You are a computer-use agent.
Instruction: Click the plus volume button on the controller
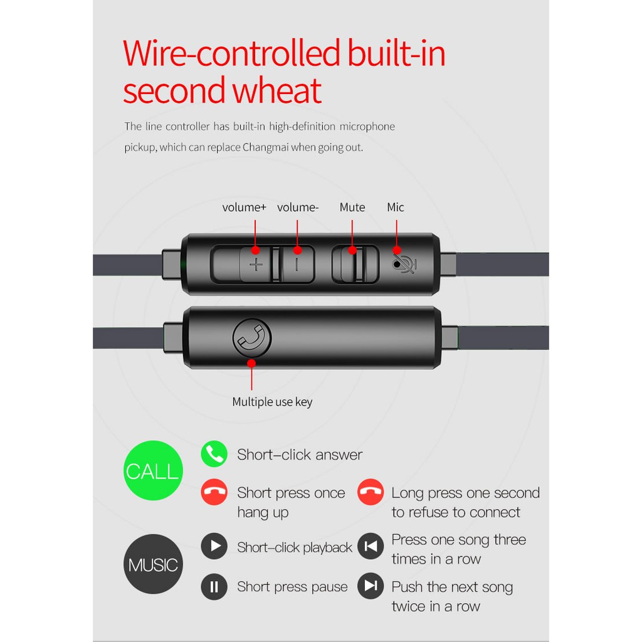tap(256, 264)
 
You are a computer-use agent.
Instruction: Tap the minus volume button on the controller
tap(297, 264)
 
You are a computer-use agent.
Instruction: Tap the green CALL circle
tap(152, 471)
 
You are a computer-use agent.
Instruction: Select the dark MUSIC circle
tap(153, 564)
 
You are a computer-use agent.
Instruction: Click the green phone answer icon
tap(214, 454)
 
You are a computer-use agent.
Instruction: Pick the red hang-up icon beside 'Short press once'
tap(214, 492)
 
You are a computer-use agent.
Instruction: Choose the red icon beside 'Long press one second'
tap(371, 492)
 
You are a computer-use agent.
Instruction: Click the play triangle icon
tap(214, 546)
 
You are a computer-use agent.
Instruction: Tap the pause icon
tap(214, 587)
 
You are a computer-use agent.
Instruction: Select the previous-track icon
tap(371, 546)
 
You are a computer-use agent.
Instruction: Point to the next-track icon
tap(371, 586)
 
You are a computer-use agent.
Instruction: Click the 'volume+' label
tap(245, 208)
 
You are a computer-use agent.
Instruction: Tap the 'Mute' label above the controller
tap(352, 208)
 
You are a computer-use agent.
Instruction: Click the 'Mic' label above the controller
tap(396, 208)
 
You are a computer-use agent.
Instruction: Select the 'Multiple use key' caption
tap(272, 402)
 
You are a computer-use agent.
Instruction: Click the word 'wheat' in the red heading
tap(276, 91)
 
